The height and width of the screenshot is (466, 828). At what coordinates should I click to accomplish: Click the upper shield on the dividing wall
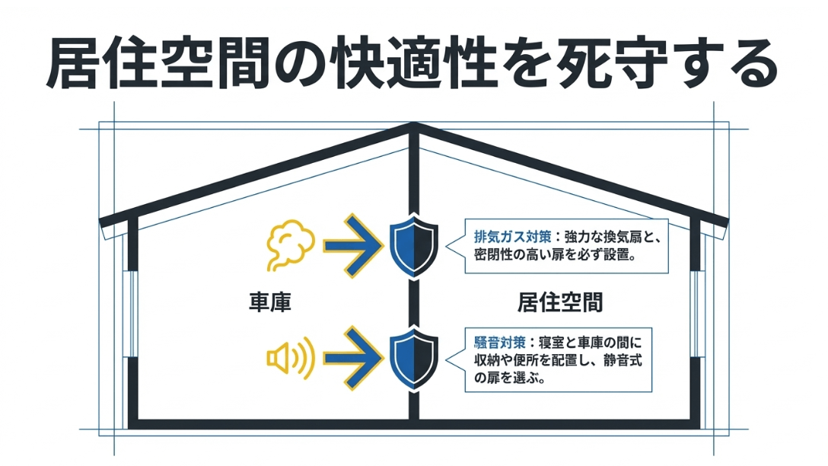pos(413,245)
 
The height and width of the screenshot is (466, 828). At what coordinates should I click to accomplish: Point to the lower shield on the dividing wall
pos(413,358)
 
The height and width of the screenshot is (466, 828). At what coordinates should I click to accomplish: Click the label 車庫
pos(270,302)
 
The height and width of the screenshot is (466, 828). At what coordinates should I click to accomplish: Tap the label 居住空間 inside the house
pos(560,302)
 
